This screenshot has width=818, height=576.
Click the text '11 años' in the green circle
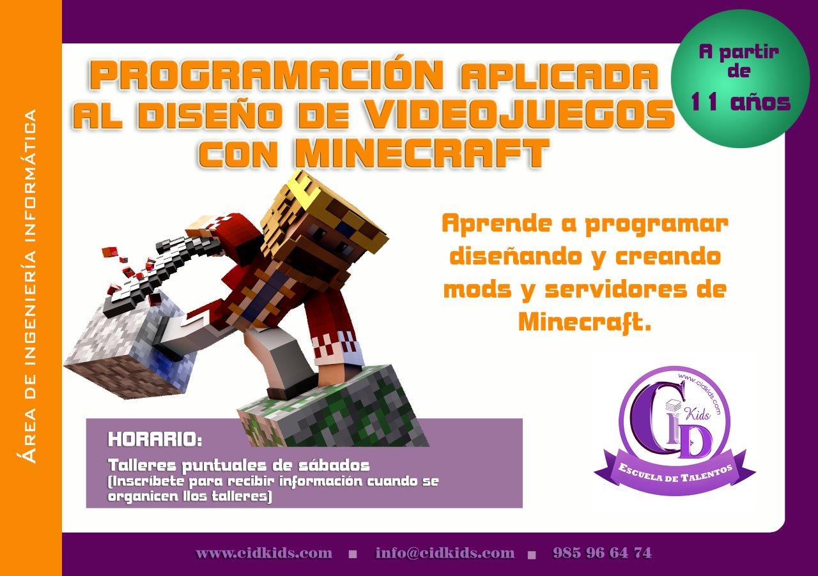(x=741, y=101)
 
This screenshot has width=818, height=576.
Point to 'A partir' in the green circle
(x=739, y=52)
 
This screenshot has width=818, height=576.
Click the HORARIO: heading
(x=155, y=440)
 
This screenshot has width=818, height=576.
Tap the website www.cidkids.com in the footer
(x=264, y=553)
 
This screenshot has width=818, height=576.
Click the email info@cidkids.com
(x=445, y=553)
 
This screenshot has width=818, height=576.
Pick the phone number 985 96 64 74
(x=602, y=553)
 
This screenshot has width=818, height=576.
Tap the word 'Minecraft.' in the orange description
(x=584, y=322)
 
